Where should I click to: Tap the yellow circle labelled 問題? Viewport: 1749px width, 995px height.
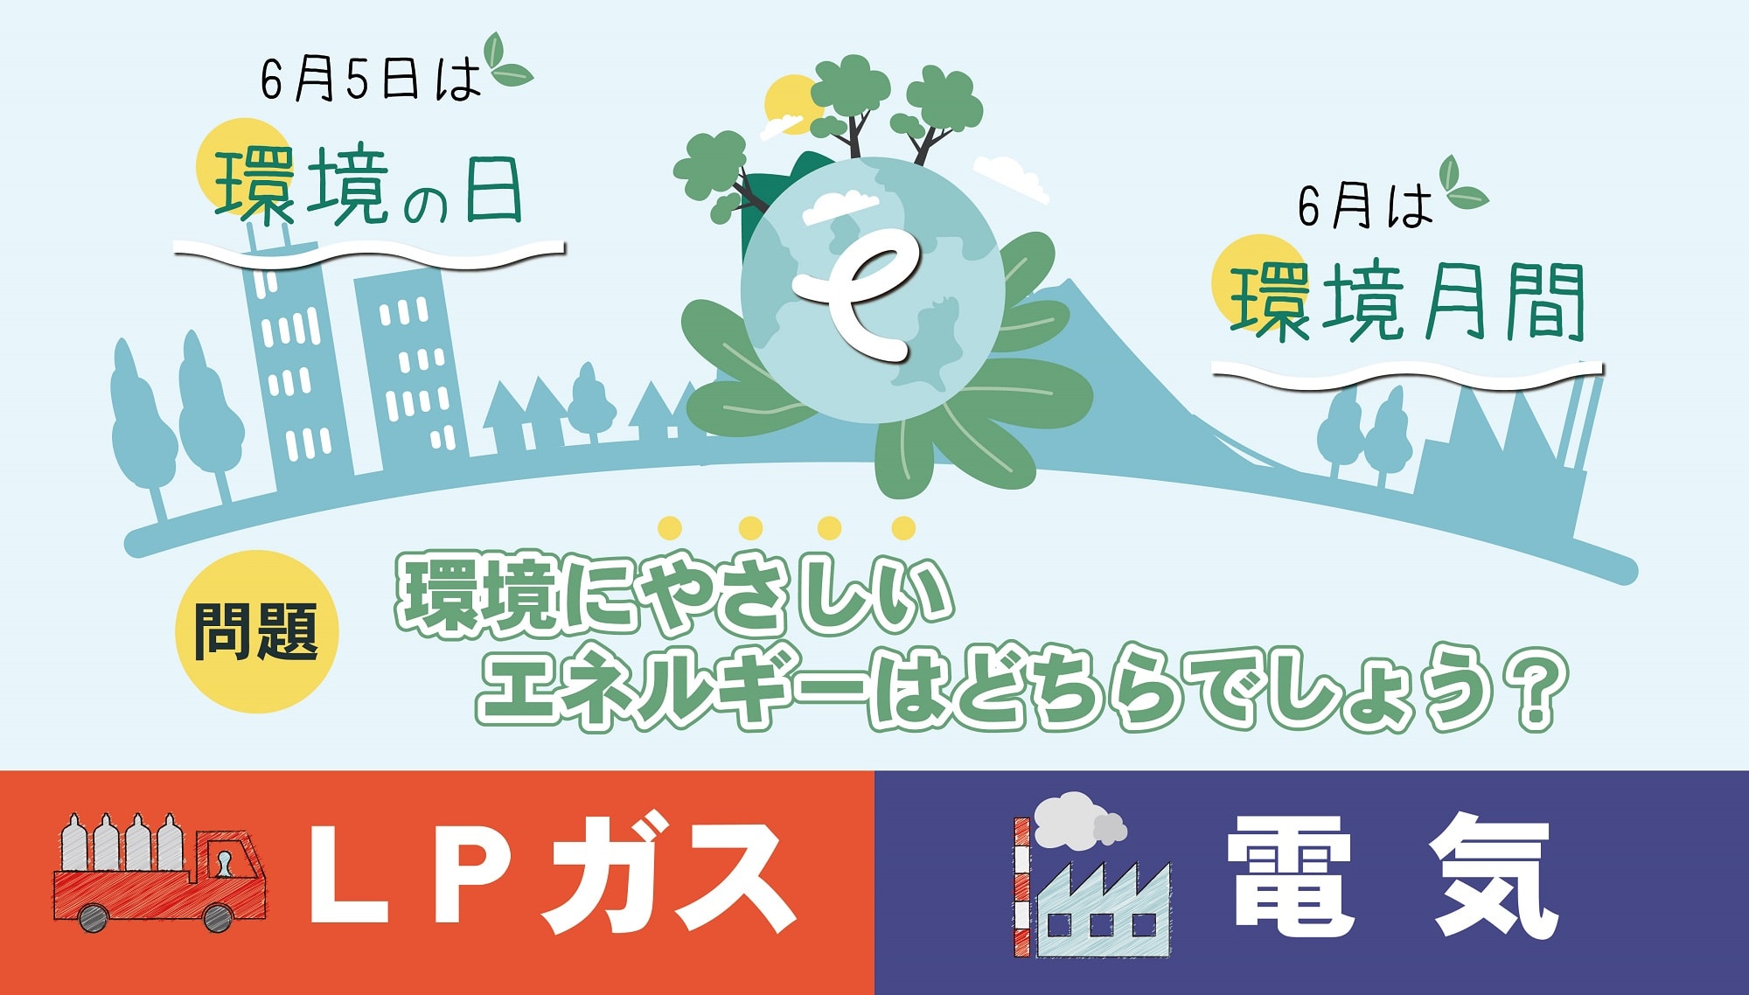[x=257, y=631]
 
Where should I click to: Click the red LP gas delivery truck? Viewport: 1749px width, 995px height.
[x=160, y=873]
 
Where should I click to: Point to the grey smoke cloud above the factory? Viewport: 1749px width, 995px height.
[x=1078, y=820]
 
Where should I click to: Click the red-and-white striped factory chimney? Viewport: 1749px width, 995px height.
[x=1021, y=887]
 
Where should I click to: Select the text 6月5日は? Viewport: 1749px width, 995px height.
[x=371, y=80]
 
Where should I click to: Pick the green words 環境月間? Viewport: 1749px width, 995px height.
[x=1408, y=301]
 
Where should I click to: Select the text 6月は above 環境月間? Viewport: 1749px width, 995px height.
[x=1365, y=207]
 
